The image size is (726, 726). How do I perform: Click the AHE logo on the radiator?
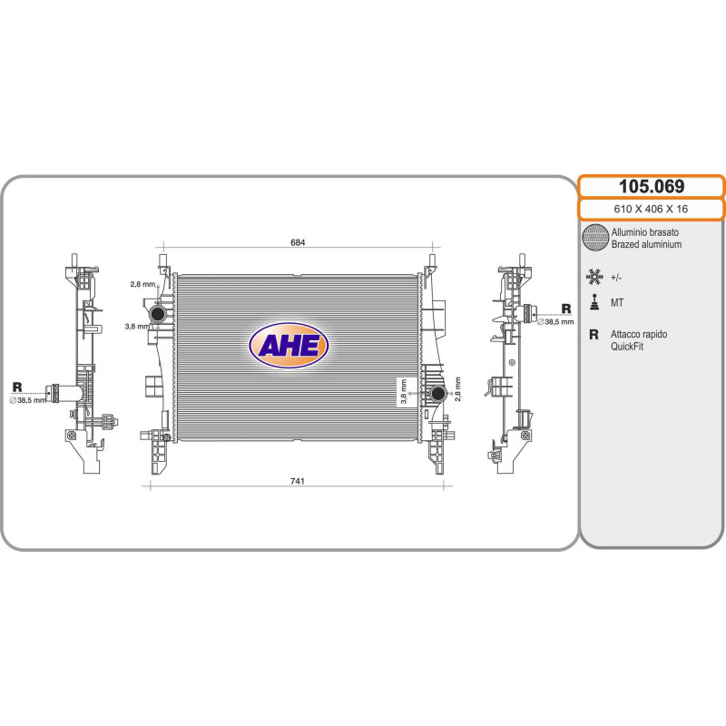tap(289, 346)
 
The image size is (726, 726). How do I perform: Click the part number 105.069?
tap(652, 186)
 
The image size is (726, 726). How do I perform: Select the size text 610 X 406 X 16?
tap(651, 209)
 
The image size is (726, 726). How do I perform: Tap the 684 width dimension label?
tap(298, 242)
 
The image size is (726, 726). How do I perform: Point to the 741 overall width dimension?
tap(298, 481)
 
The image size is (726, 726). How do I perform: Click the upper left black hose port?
tap(158, 313)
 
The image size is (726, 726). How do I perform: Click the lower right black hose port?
tap(437, 394)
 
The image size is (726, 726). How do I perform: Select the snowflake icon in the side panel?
tap(594, 277)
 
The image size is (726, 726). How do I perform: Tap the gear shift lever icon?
tap(594, 302)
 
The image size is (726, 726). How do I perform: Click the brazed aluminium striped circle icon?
tap(595, 238)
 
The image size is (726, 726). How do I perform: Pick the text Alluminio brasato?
tap(645, 232)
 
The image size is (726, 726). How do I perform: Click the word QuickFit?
tap(627, 347)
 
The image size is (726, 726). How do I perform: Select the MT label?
tap(617, 303)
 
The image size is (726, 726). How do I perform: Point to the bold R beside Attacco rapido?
tap(594, 334)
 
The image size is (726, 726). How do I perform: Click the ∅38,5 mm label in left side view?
tap(28, 400)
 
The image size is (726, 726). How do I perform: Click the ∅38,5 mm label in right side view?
tap(555, 321)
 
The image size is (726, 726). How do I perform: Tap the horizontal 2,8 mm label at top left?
tap(143, 284)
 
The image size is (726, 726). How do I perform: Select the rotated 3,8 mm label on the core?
tap(403, 392)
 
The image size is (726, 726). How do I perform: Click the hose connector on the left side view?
tap(63, 393)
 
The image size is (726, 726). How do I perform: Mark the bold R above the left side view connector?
tap(17, 387)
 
